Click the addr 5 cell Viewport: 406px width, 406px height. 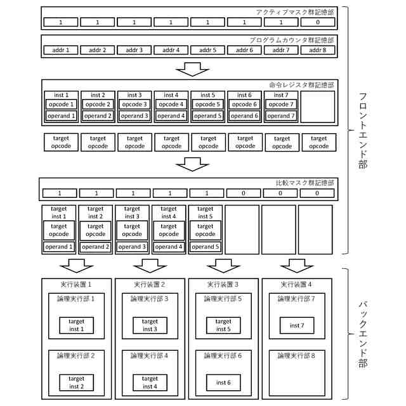207,50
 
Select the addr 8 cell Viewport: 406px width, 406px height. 318,50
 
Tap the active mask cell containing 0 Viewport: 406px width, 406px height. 318,22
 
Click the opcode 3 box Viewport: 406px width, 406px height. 134,105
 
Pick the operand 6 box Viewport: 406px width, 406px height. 244,116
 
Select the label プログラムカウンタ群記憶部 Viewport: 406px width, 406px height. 292,40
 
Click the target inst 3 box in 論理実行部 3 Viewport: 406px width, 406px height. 150,325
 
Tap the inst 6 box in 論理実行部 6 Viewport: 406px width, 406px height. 223,383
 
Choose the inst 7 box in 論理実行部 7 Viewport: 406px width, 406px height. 296,325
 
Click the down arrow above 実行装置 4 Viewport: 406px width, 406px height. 296,264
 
